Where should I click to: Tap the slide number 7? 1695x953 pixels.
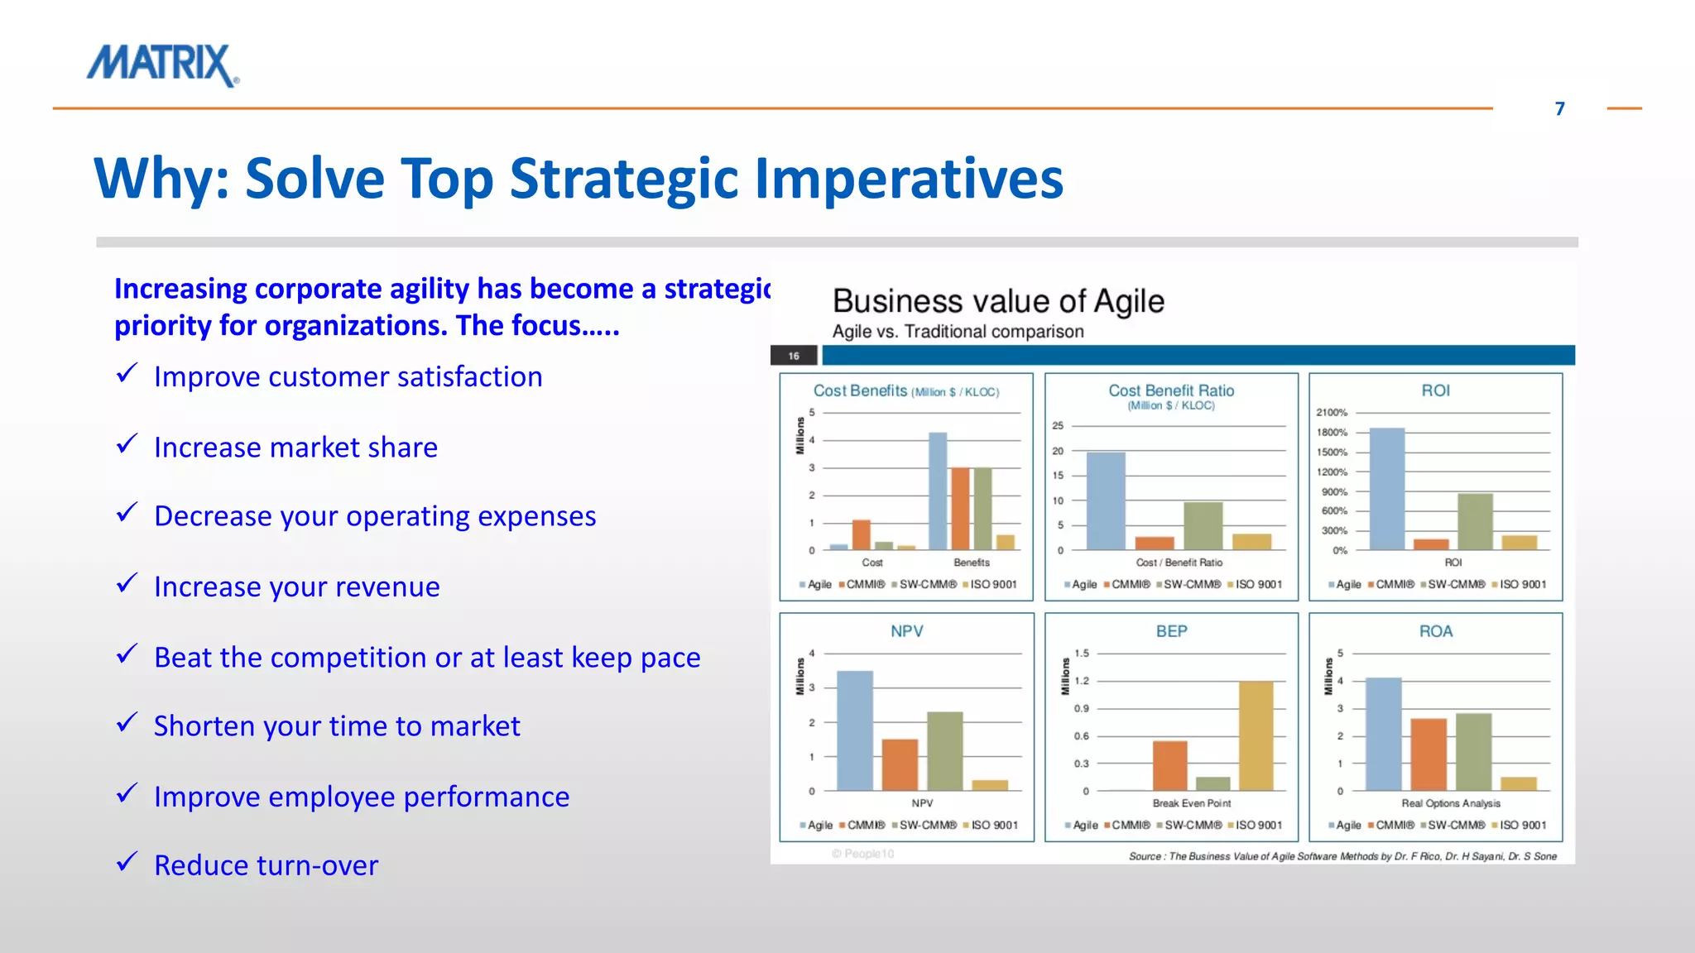[1559, 109]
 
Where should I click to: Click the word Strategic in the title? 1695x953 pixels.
[622, 178]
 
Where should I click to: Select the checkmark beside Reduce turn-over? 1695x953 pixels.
[127, 863]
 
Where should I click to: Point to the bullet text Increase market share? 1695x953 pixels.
[295, 447]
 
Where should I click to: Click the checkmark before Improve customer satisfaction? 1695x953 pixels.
[127, 374]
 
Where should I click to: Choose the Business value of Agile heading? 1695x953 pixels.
[998, 301]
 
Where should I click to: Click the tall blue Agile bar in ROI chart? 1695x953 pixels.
[1387, 488]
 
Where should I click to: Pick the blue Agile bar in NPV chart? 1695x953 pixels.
[854, 730]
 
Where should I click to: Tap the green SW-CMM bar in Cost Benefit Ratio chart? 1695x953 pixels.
[1203, 525]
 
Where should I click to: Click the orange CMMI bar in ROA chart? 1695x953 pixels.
[1429, 754]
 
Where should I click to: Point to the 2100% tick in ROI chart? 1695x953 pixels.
[1332, 412]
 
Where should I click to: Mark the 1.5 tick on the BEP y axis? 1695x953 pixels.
[1082, 653]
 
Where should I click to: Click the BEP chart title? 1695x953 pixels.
[1171, 631]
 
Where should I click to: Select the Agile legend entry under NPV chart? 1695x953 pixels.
[816, 825]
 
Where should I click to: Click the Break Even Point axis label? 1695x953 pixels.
[1191, 803]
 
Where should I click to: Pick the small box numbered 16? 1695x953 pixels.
[794, 356]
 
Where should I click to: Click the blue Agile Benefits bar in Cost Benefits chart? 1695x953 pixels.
[937, 491]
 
